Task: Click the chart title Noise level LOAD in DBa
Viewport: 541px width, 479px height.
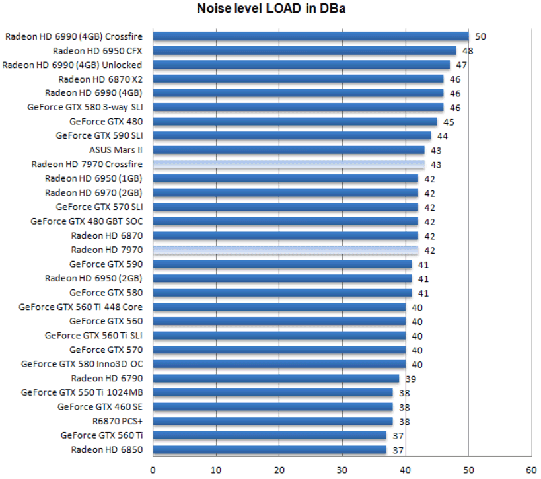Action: [271, 9]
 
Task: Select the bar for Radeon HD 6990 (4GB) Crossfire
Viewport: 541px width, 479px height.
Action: [310, 36]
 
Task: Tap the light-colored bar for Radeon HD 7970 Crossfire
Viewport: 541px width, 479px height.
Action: [289, 165]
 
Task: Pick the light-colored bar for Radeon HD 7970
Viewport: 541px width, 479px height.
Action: [285, 250]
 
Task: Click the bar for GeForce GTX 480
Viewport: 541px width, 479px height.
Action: [295, 122]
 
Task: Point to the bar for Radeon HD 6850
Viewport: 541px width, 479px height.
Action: [270, 450]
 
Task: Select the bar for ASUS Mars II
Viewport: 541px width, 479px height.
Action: [289, 150]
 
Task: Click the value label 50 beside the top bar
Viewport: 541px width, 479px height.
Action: [480, 37]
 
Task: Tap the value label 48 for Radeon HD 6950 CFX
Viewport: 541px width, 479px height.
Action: [468, 51]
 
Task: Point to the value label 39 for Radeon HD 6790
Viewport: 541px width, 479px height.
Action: [411, 379]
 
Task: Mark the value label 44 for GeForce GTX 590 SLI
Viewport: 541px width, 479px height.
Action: [443, 136]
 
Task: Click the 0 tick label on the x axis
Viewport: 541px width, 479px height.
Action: [153, 470]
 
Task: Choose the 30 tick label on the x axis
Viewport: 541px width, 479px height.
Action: [342, 470]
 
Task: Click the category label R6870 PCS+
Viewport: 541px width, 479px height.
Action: [117, 421]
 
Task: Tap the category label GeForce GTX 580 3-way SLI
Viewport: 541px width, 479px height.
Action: [85, 107]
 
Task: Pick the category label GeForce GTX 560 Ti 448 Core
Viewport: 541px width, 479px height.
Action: [81, 307]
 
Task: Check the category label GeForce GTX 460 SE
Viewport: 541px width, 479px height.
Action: [100, 406]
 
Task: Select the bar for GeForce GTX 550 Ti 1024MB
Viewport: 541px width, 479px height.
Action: [273, 392]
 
